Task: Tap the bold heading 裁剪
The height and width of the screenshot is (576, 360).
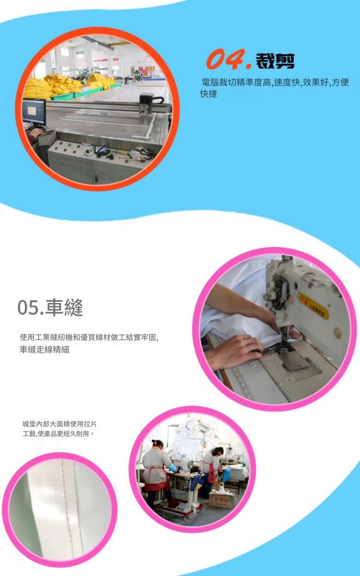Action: pyautogui.click(x=275, y=61)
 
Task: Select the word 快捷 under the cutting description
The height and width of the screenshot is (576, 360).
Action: pyautogui.click(x=209, y=94)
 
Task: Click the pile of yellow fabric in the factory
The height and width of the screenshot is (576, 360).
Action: pyautogui.click(x=63, y=83)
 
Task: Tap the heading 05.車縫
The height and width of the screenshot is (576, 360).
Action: pyautogui.click(x=50, y=307)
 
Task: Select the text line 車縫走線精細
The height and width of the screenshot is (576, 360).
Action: pyautogui.click(x=44, y=350)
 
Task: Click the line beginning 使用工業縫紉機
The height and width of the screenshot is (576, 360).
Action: pyautogui.click(x=89, y=337)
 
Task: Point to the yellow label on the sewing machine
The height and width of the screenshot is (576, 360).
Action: pyautogui.click(x=313, y=306)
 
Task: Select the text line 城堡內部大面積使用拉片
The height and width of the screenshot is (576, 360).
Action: pyautogui.click(x=59, y=424)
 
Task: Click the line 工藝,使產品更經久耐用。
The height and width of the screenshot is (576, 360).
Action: pyautogui.click(x=58, y=434)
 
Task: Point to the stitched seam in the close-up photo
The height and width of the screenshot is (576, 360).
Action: pyautogui.click(x=66, y=507)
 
